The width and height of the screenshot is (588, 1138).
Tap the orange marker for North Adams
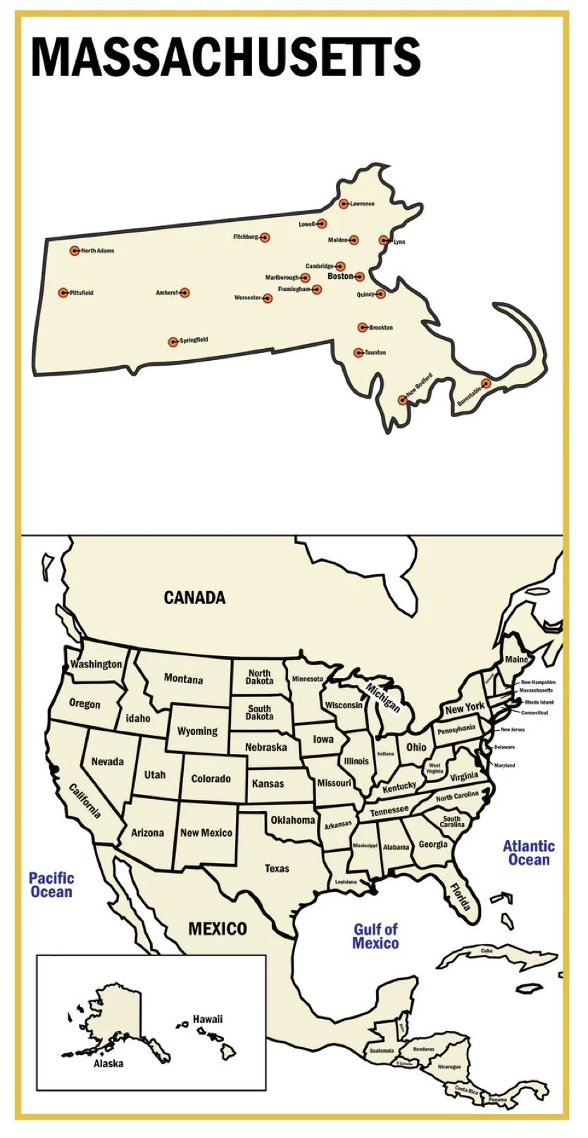click(x=75, y=250)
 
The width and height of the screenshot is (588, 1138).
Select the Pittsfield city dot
click(x=63, y=292)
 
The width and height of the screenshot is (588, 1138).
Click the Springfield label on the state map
click(x=194, y=340)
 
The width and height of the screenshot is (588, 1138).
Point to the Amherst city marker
click(x=184, y=292)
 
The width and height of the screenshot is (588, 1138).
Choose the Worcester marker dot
click(x=268, y=298)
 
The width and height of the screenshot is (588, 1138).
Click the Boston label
click(x=340, y=276)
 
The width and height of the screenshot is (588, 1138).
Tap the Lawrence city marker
click(x=344, y=204)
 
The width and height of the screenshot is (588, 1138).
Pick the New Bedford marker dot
click(x=402, y=400)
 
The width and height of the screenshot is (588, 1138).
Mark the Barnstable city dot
click(x=486, y=383)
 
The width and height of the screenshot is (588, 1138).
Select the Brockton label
click(x=381, y=328)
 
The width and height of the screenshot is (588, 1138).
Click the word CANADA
click(x=194, y=598)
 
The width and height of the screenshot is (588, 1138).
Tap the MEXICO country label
click(x=218, y=929)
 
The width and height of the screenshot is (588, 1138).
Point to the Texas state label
click(x=277, y=868)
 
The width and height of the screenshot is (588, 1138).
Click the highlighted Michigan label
click(x=382, y=698)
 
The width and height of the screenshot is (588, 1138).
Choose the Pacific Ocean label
click(x=51, y=884)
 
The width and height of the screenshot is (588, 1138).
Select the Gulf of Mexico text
click(x=375, y=936)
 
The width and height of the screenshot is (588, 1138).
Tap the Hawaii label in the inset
click(x=208, y=1019)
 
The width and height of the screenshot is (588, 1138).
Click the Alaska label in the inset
click(x=108, y=1063)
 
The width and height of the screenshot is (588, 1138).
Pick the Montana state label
click(x=183, y=679)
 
